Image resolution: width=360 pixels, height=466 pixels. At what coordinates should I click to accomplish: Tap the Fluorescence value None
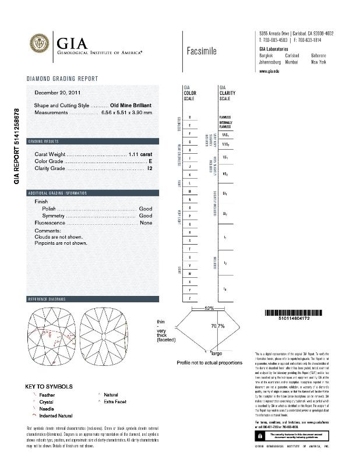point(146,223)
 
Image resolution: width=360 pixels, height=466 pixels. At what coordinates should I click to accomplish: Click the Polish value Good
point(145,209)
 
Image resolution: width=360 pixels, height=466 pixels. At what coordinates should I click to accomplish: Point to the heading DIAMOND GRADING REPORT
point(62,79)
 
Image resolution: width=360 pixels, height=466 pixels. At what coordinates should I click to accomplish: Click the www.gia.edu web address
point(270,70)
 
